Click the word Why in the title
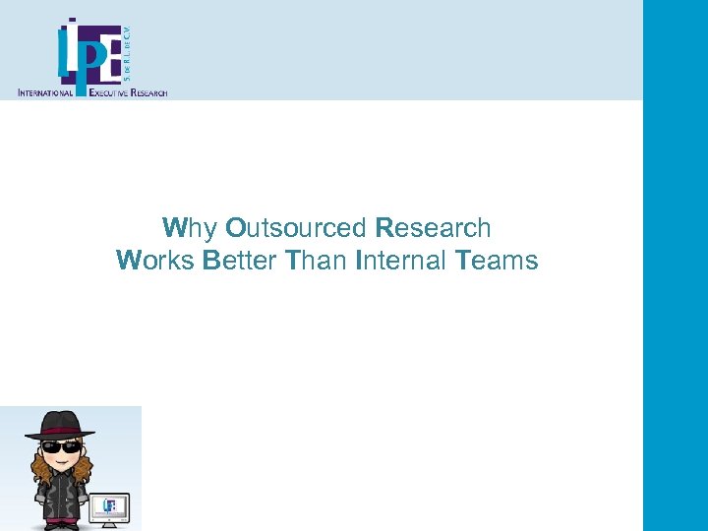189,228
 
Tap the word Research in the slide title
433,228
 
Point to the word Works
155,261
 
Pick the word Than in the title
315,261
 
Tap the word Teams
497,261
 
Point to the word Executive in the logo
114,92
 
